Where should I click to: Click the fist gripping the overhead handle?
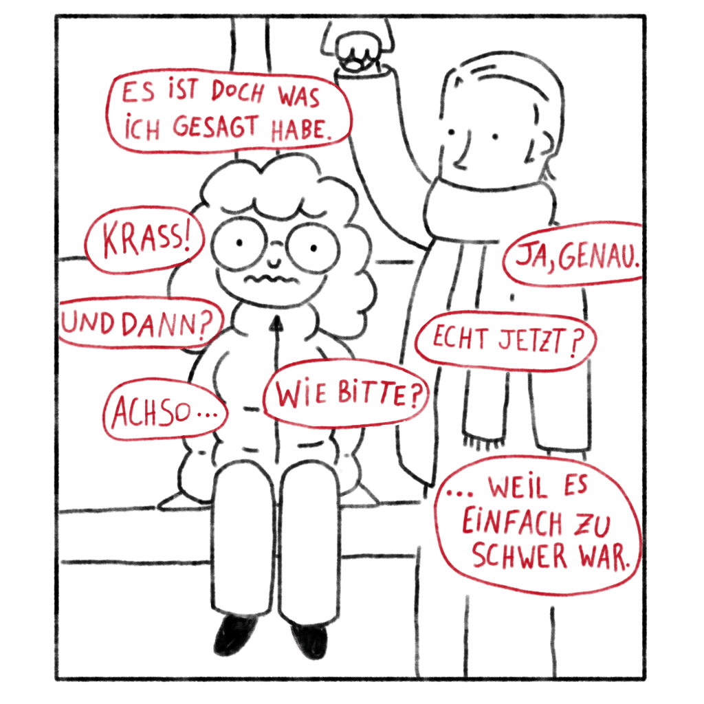tap(357, 51)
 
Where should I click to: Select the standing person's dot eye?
tap(495, 137)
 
